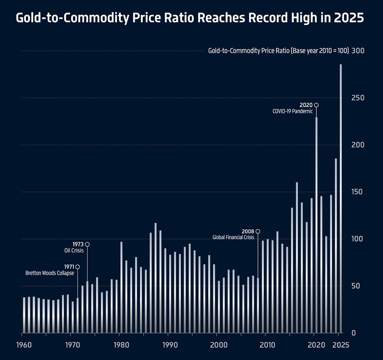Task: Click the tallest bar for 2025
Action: (x=340, y=199)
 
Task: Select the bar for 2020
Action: (x=316, y=226)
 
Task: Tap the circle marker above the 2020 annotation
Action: (x=316, y=105)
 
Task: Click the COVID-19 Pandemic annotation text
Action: (x=292, y=112)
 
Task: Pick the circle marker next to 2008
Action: (x=258, y=232)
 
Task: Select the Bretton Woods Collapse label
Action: (x=50, y=273)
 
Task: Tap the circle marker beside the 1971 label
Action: (x=77, y=267)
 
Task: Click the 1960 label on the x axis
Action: (x=24, y=345)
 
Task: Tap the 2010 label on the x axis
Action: (x=266, y=345)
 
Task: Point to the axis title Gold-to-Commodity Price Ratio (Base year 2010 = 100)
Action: (x=278, y=51)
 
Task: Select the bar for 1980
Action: (x=121, y=288)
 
